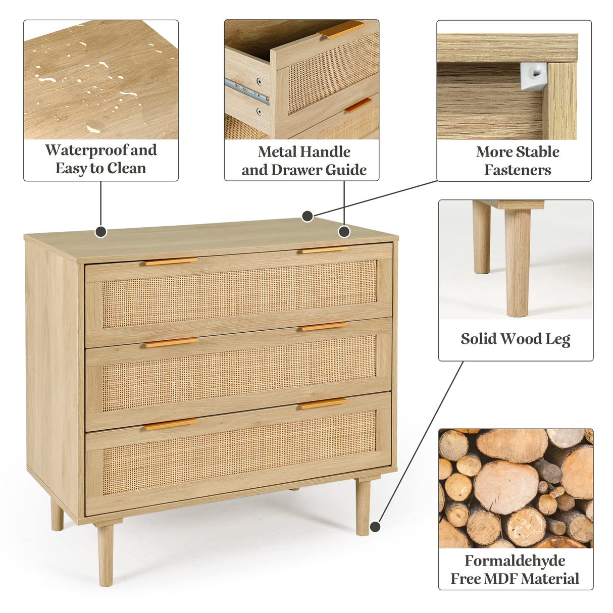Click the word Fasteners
pyautogui.click(x=518, y=170)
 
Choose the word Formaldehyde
pyautogui.click(x=515, y=561)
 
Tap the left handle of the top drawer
pyautogui.click(x=171, y=261)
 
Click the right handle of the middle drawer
pyautogui.click(x=324, y=327)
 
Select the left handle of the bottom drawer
pyautogui.click(x=171, y=424)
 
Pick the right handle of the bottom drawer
pyautogui.click(x=323, y=403)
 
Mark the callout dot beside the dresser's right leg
pyautogui.click(x=375, y=527)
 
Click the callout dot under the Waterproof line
pyautogui.click(x=101, y=232)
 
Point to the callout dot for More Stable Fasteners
pyautogui.click(x=308, y=216)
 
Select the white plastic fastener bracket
pyautogui.click(x=533, y=76)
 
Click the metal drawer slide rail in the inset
pyautogui.click(x=247, y=91)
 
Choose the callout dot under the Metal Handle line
pyautogui.click(x=344, y=232)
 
